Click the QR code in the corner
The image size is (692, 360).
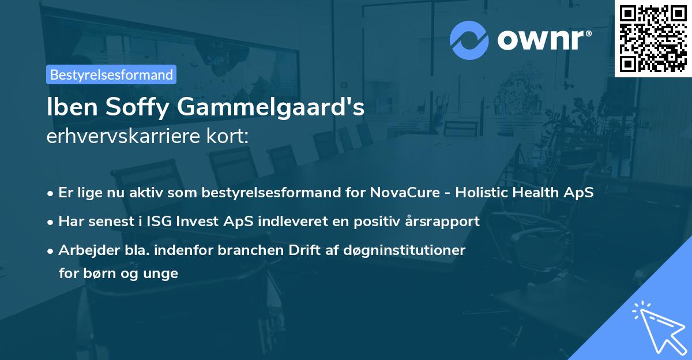pos(653,39)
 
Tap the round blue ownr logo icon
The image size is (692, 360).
pos(469,40)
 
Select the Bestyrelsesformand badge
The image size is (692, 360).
pos(111,74)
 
